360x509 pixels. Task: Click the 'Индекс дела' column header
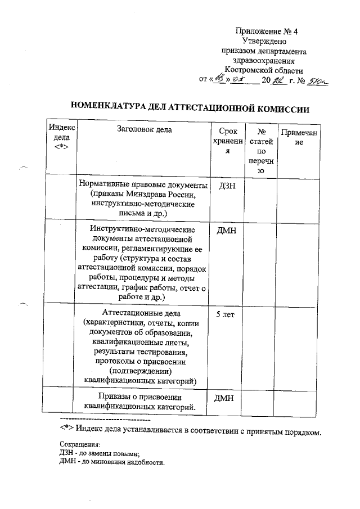point(61,137)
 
